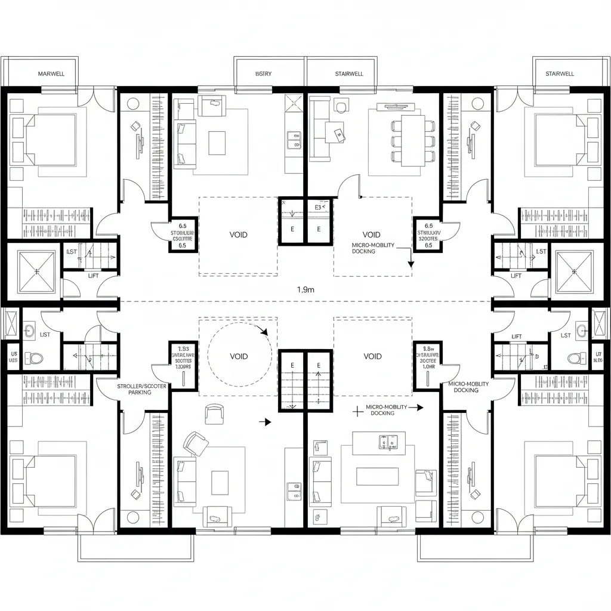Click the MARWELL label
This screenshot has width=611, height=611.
51,74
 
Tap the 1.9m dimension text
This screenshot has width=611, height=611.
305,289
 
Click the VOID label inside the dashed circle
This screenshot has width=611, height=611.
238,356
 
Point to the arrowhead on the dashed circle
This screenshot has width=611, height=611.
264,332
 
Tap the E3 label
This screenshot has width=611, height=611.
318,208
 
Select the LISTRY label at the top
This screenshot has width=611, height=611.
263,74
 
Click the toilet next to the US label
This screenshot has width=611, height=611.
35,359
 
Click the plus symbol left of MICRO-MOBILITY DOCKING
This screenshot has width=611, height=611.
357,410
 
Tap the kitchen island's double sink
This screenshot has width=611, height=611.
384,441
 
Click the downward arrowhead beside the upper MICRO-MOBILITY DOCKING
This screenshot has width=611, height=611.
411,263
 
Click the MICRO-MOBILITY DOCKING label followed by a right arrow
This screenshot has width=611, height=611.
387,409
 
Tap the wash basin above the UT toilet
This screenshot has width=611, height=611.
581,330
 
